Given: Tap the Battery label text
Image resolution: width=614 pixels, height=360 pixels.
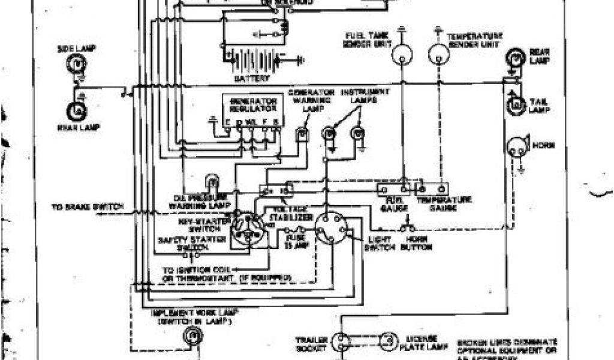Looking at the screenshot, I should [252, 79].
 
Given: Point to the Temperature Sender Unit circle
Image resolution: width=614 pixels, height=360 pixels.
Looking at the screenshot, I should [439, 55].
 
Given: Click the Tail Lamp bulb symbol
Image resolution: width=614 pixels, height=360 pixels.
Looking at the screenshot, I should [514, 106].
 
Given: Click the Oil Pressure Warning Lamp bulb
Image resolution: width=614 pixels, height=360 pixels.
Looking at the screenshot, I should [212, 181].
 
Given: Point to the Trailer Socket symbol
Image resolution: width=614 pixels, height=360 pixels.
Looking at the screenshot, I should [340, 343].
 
